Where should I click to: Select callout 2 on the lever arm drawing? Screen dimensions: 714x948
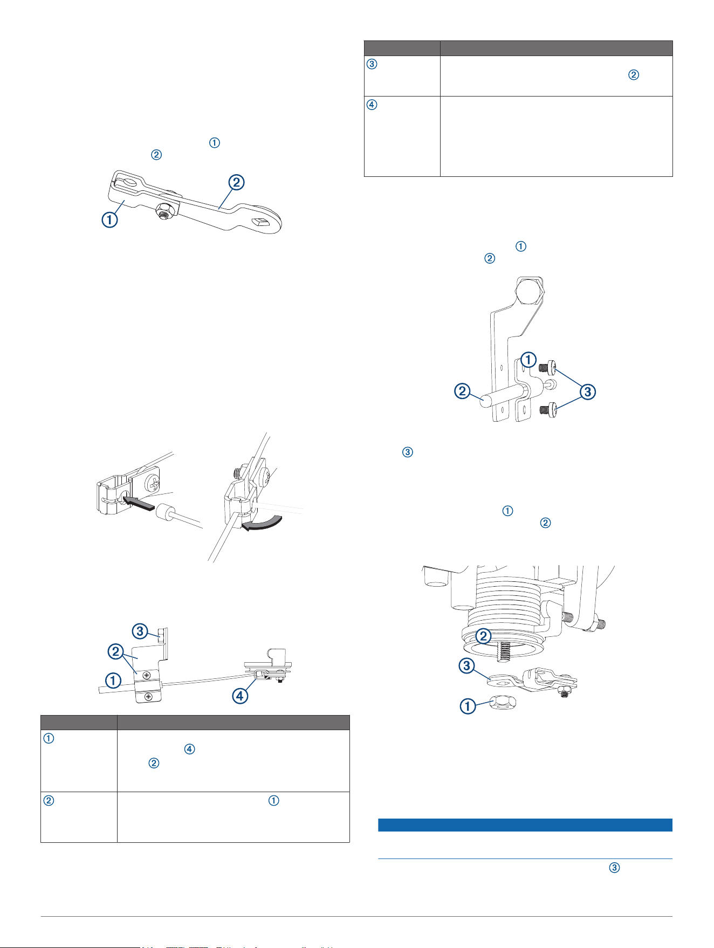point(236,183)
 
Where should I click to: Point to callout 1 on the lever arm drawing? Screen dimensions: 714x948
point(109,219)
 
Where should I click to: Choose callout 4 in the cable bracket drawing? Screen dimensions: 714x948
point(239,695)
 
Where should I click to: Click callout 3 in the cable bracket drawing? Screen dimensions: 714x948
point(140,630)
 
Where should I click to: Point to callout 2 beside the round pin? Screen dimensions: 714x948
point(462,390)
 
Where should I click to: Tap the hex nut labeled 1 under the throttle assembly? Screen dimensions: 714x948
point(503,703)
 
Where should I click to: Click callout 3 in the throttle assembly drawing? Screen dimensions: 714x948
point(466,666)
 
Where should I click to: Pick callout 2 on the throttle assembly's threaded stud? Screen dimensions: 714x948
point(483,636)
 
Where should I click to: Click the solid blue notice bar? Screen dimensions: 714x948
point(525,825)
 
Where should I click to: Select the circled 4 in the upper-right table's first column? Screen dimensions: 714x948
point(372,105)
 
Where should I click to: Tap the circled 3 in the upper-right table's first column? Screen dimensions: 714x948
point(372,64)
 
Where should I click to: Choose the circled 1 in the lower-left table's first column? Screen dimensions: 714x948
point(48,739)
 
